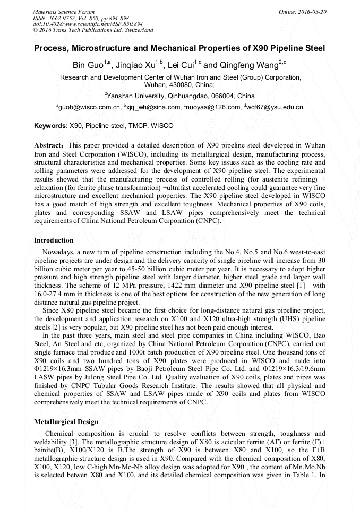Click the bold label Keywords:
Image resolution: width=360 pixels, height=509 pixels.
51,126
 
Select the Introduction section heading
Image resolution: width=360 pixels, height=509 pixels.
54,240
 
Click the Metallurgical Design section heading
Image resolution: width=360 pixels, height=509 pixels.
66,422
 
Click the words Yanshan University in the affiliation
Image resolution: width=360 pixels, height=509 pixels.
135,96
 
